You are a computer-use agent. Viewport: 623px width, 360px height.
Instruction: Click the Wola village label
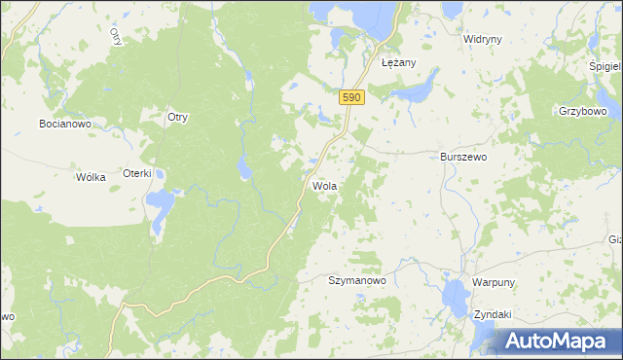coord(324,185)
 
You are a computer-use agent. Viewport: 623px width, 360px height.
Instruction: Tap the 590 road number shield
coord(352,97)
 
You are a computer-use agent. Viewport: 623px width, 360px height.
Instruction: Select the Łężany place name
coord(399,62)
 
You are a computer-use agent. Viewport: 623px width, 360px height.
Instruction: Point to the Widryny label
coord(482,40)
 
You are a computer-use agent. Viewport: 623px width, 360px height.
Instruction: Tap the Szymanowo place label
coord(357,279)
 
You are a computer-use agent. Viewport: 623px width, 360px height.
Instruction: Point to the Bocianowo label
coord(64,124)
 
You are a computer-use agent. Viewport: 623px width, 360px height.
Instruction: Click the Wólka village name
coord(91,177)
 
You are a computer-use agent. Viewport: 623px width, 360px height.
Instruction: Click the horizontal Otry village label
coord(177,117)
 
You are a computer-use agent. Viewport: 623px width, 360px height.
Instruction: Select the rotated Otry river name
coord(115,36)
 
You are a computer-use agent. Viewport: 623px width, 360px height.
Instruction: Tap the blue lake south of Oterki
coord(160,204)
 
